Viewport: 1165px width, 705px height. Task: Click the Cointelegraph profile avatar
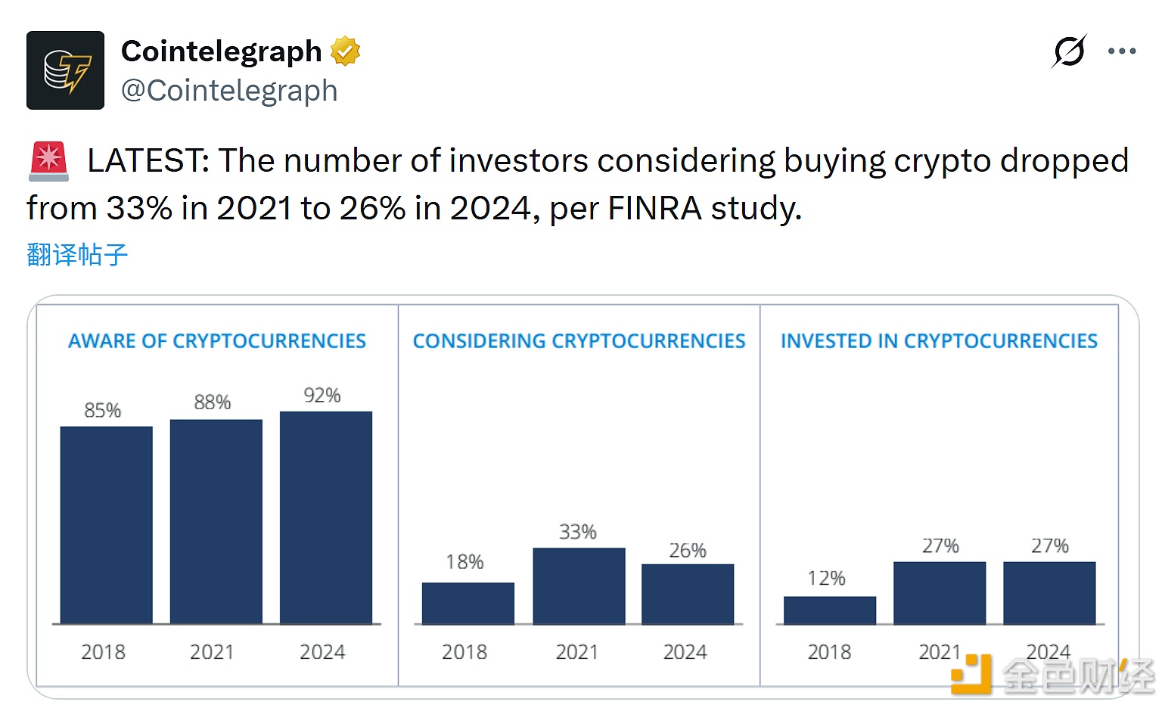[65, 70]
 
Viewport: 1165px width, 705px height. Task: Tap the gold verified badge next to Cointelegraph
[345, 51]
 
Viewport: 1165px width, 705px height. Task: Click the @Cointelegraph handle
[229, 91]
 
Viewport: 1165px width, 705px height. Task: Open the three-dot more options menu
[1121, 51]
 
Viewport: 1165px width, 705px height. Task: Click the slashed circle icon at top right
[1069, 51]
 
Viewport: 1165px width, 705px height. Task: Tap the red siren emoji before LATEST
[49, 161]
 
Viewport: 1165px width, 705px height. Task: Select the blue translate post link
[77, 254]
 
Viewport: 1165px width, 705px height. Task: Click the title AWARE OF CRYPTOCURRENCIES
[217, 341]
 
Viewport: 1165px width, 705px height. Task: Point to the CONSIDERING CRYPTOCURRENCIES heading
[579, 341]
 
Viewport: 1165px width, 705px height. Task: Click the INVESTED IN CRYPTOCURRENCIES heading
[939, 341]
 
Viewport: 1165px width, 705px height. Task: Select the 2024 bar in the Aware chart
[326, 517]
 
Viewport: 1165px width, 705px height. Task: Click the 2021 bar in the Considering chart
[579, 585]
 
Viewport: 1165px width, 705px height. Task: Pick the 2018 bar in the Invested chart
[830, 610]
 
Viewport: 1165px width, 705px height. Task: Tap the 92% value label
[322, 396]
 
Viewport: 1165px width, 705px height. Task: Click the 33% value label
[578, 532]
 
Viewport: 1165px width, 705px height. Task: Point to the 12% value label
[826, 579]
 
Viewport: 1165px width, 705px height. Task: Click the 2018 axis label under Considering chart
[464, 652]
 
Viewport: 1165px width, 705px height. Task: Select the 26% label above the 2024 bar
[688, 551]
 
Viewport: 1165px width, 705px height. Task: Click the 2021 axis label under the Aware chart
[212, 652]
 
